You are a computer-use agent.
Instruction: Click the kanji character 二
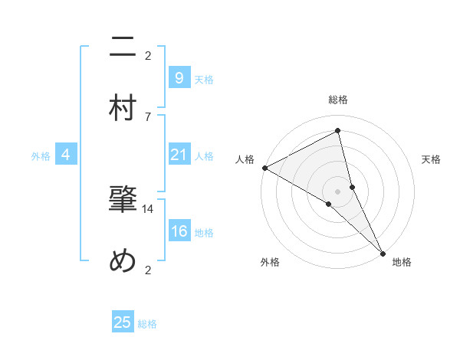[x=123, y=49]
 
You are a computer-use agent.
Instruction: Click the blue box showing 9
[x=179, y=77]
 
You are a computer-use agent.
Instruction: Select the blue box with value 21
[x=179, y=155]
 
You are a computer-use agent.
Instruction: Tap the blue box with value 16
[x=179, y=232]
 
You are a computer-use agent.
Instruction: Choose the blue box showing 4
[x=66, y=155]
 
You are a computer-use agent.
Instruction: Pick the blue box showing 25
[x=123, y=322]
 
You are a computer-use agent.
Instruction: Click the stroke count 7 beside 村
[x=148, y=116]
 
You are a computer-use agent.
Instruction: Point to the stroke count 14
[x=148, y=208]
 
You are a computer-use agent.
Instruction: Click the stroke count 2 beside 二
[x=148, y=55]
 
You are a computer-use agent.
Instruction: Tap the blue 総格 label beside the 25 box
[x=147, y=324]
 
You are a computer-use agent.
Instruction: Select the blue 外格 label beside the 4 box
[x=41, y=156]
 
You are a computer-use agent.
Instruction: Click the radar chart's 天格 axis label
[x=431, y=159]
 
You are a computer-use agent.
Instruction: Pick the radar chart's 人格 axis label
[x=245, y=159]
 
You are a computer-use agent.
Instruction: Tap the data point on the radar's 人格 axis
[x=264, y=167]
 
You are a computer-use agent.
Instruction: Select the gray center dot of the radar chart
[x=338, y=191]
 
